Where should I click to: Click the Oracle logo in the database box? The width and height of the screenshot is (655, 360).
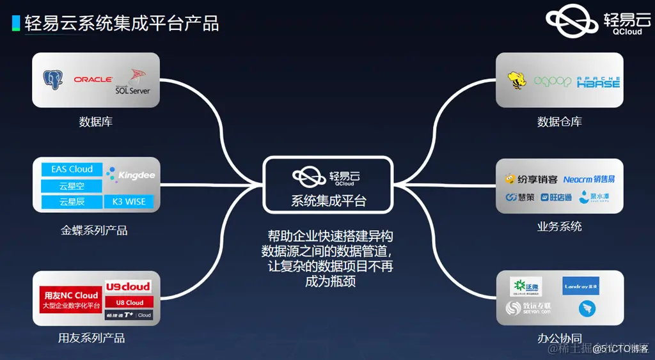tap(93, 80)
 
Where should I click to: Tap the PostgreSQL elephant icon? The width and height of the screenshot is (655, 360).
tap(53, 80)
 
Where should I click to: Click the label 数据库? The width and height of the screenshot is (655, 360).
tap(96, 121)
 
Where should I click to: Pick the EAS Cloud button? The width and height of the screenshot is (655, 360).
tap(72, 169)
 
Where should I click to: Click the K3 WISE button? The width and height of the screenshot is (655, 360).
tap(129, 201)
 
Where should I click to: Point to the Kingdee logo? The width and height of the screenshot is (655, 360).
tap(131, 175)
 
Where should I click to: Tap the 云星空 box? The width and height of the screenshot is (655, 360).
tap(72, 185)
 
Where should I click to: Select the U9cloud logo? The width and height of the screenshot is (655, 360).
tap(128, 286)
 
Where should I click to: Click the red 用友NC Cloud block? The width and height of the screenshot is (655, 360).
tap(70, 299)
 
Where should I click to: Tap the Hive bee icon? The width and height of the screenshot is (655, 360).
tap(517, 81)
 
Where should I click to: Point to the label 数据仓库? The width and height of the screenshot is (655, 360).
tap(560, 121)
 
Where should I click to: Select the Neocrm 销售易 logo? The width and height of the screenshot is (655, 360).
tap(589, 180)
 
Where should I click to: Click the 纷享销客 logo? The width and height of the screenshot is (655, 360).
tap(531, 180)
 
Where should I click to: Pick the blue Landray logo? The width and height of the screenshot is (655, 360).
tap(581, 286)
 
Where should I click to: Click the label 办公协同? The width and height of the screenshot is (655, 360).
tap(560, 338)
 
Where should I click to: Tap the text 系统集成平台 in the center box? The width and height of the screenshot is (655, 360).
tap(329, 200)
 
